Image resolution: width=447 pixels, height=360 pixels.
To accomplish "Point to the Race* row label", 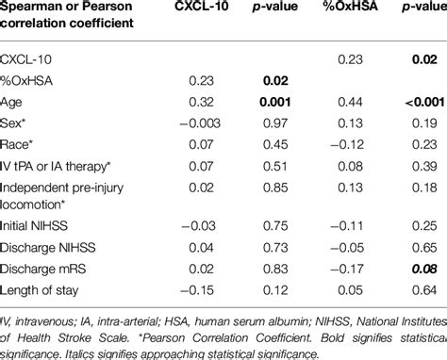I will [x=21, y=145].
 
